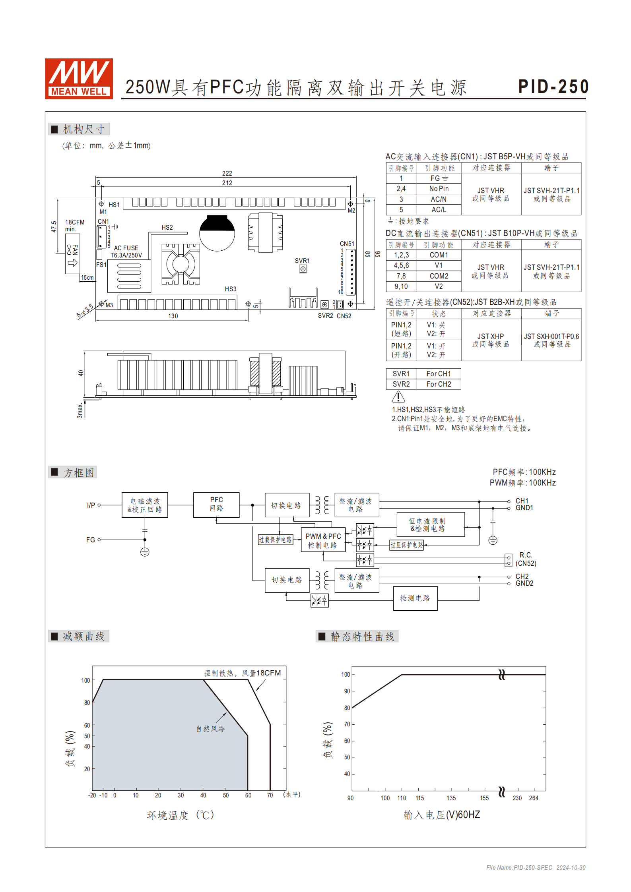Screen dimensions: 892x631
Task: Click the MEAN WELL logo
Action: point(79,79)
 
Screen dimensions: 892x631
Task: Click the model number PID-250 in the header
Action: point(553,87)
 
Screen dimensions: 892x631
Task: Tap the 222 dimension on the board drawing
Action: point(227,174)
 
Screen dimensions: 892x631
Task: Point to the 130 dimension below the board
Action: point(173,316)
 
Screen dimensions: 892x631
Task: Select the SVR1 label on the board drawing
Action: point(302,261)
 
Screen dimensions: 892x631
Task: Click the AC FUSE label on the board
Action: point(126,248)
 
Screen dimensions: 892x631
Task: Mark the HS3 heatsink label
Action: point(231,289)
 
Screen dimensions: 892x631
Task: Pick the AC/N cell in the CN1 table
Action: point(439,199)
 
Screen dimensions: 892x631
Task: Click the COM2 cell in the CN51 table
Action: point(439,276)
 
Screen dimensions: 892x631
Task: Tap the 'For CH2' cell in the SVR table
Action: point(439,384)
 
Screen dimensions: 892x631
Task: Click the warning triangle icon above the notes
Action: point(398,397)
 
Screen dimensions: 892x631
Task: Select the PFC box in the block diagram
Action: point(216,505)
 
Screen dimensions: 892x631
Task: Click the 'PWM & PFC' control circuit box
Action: point(323,540)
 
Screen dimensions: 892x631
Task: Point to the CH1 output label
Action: point(522,501)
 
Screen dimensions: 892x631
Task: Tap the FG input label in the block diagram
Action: point(91,540)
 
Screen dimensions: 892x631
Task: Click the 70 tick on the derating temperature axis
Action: point(270,795)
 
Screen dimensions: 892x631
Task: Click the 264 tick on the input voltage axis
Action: point(534,798)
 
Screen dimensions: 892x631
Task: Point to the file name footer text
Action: point(536,868)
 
